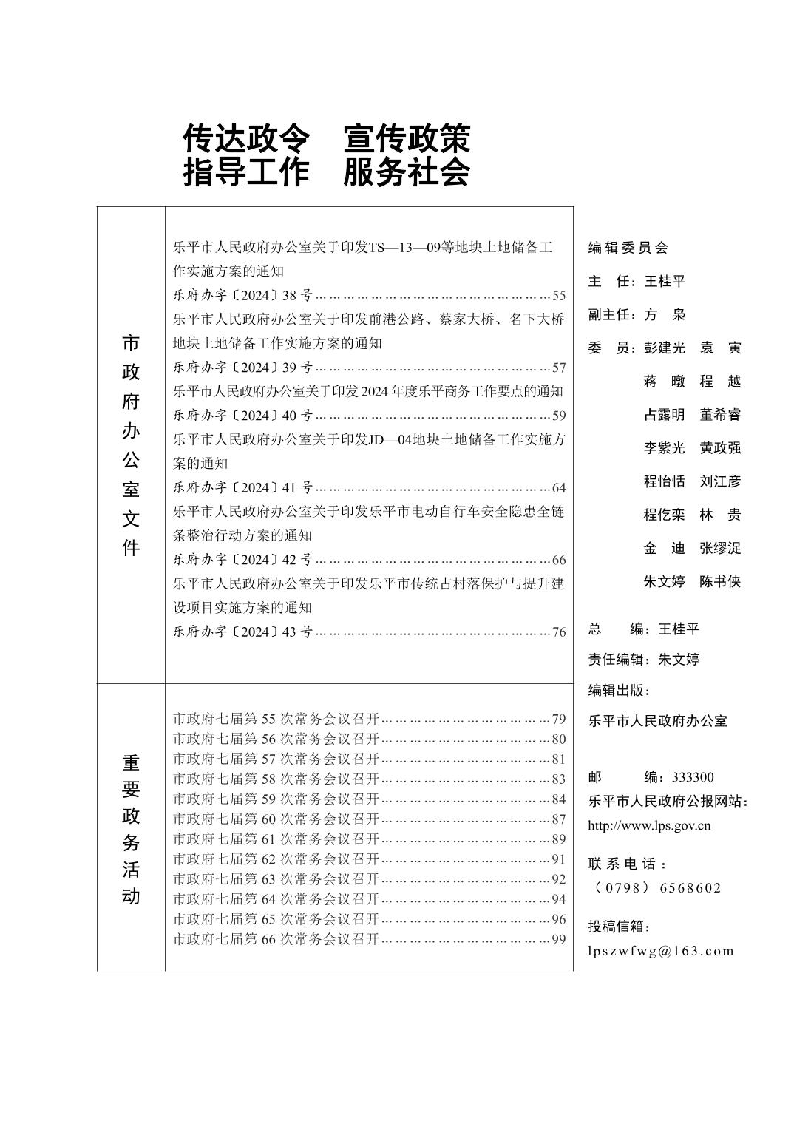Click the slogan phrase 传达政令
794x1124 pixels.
[x=245, y=138]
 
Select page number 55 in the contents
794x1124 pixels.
[x=558, y=296]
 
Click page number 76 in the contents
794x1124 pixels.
[x=558, y=632]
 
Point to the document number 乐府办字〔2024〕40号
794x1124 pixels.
[x=243, y=416]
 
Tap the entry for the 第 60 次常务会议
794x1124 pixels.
[x=276, y=819]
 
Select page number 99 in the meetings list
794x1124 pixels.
[x=558, y=939]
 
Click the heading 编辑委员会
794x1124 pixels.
[x=628, y=248]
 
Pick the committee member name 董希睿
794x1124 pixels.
[x=720, y=415]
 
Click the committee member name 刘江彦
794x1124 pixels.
[x=720, y=481]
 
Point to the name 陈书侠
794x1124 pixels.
[x=720, y=582]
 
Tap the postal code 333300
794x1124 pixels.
[x=693, y=777]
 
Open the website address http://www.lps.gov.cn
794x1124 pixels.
[x=649, y=826]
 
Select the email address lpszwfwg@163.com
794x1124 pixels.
[x=661, y=951]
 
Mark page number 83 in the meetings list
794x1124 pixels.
[x=558, y=779]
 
